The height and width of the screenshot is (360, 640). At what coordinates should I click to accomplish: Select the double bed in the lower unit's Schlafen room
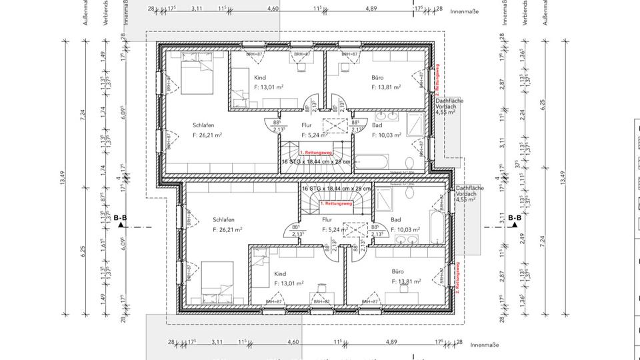click(x=217, y=278)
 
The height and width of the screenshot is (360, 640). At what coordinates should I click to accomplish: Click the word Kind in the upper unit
click(x=259, y=78)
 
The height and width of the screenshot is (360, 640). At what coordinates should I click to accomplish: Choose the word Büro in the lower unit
click(x=398, y=272)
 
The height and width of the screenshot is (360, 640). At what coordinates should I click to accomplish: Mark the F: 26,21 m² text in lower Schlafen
click(x=227, y=230)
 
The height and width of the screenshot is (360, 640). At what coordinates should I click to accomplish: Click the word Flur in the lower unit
click(x=327, y=219)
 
